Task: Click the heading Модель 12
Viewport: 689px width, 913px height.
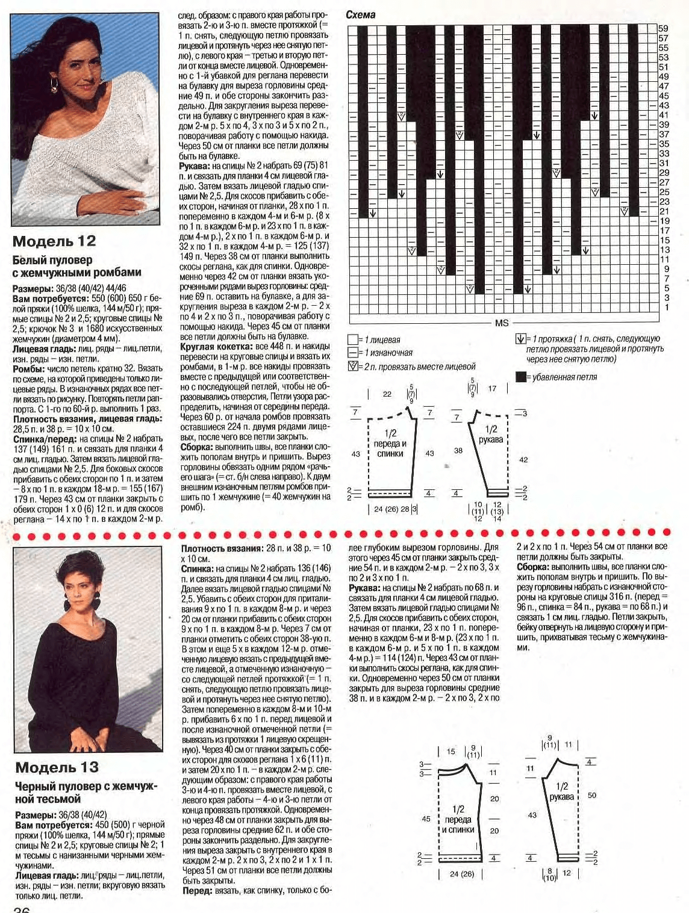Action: pyautogui.click(x=54, y=241)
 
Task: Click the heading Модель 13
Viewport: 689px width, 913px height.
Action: pyautogui.click(x=57, y=767)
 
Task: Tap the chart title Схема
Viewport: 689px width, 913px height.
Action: pyautogui.click(x=361, y=15)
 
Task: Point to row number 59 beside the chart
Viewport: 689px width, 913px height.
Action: pyautogui.click(x=663, y=28)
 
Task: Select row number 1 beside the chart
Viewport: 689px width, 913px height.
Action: pyautogui.click(x=666, y=308)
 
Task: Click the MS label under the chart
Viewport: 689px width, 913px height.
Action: pyautogui.click(x=501, y=323)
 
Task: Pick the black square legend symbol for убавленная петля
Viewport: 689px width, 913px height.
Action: pyautogui.click(x=520, y=377)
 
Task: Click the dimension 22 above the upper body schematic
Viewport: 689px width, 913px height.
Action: pyautogui.click(x=387, y=394)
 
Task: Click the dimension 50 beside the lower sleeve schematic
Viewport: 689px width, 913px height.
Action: pyautogui.click(x=591, y=795)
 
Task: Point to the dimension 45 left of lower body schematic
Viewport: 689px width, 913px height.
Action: pyautogui.click(x=426, y=819)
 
